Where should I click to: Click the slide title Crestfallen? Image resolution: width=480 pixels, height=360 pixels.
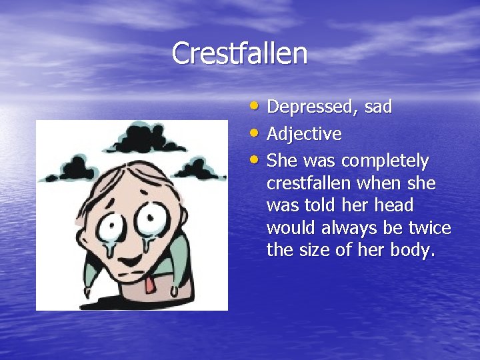pos(239,53)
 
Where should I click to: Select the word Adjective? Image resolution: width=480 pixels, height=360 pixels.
pos(304,135)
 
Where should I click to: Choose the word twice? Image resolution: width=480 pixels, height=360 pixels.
pos(427,229)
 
